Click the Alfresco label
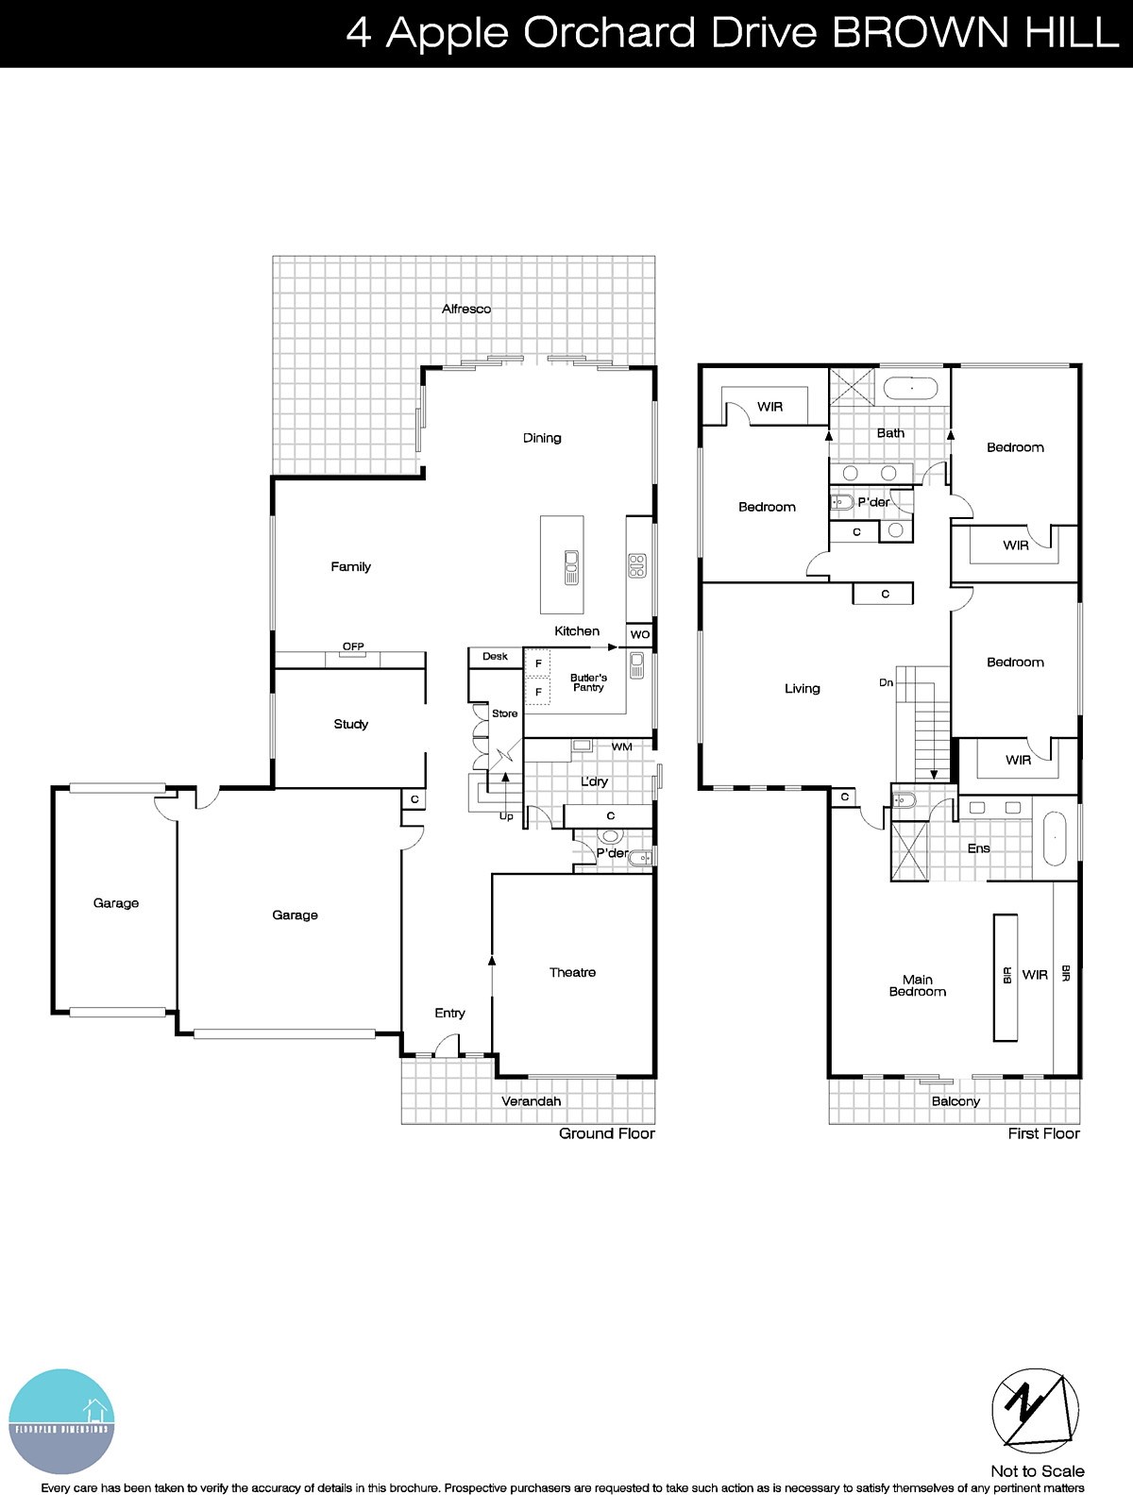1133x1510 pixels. pos(466,309)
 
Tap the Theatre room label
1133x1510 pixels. pos(572,972)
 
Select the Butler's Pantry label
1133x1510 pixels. pos(588,682)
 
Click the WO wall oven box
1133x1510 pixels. pos(640,634)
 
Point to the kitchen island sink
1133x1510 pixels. pos(571,566)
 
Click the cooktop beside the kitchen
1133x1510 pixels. pos(637,565)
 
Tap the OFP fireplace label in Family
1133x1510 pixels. pos(353,646)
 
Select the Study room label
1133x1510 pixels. pos(350,724)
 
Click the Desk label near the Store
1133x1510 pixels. pos(495,656)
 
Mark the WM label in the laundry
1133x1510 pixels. pos(621,747)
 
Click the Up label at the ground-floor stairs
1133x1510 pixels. pos(506,816)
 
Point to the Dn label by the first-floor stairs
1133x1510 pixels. pos(886,682)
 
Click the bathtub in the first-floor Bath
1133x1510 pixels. pos(910,388)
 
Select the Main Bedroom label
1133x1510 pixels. pos(917,985)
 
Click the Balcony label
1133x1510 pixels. pos(955,1101)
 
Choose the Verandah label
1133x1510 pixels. pos(531,1101)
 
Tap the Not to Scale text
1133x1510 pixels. pos(1037,1471)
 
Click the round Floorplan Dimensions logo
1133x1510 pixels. pos(61,1421)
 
